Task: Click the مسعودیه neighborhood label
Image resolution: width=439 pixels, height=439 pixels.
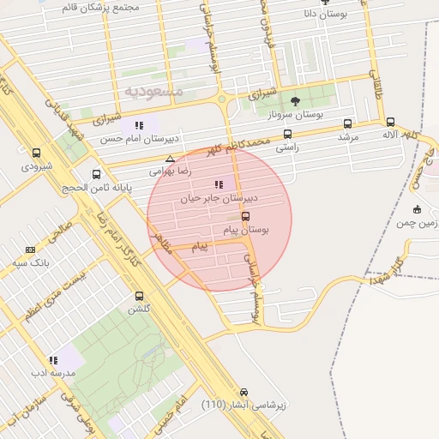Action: click(154, 89)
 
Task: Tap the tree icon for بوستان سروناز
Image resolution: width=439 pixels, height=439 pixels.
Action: click(296, 101)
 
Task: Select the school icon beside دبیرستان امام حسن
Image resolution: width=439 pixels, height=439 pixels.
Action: click(139, 125)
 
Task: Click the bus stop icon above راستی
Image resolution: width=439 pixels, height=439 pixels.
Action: click(286, 134)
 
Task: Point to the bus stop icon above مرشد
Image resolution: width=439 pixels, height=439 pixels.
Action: click(347, 123)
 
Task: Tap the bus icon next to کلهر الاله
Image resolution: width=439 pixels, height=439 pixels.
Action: click(391, 122)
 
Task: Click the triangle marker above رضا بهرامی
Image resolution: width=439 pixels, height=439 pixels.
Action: click(170, 159)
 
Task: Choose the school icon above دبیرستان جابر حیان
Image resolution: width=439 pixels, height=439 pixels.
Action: click(218, 183)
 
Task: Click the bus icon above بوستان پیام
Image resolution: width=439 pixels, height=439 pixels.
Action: click(246, 217)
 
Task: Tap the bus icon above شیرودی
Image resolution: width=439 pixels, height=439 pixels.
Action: click(35, 153)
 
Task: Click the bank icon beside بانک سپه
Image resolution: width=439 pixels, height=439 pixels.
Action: click(31, 250)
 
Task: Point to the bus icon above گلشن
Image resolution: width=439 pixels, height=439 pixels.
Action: click(139, 296)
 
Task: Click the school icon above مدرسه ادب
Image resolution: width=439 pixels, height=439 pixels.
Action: click(53, 361)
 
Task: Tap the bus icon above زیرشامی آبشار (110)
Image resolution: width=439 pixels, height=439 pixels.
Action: click(244, 390)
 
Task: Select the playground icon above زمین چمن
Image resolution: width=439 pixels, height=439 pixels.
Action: click(417, 210)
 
